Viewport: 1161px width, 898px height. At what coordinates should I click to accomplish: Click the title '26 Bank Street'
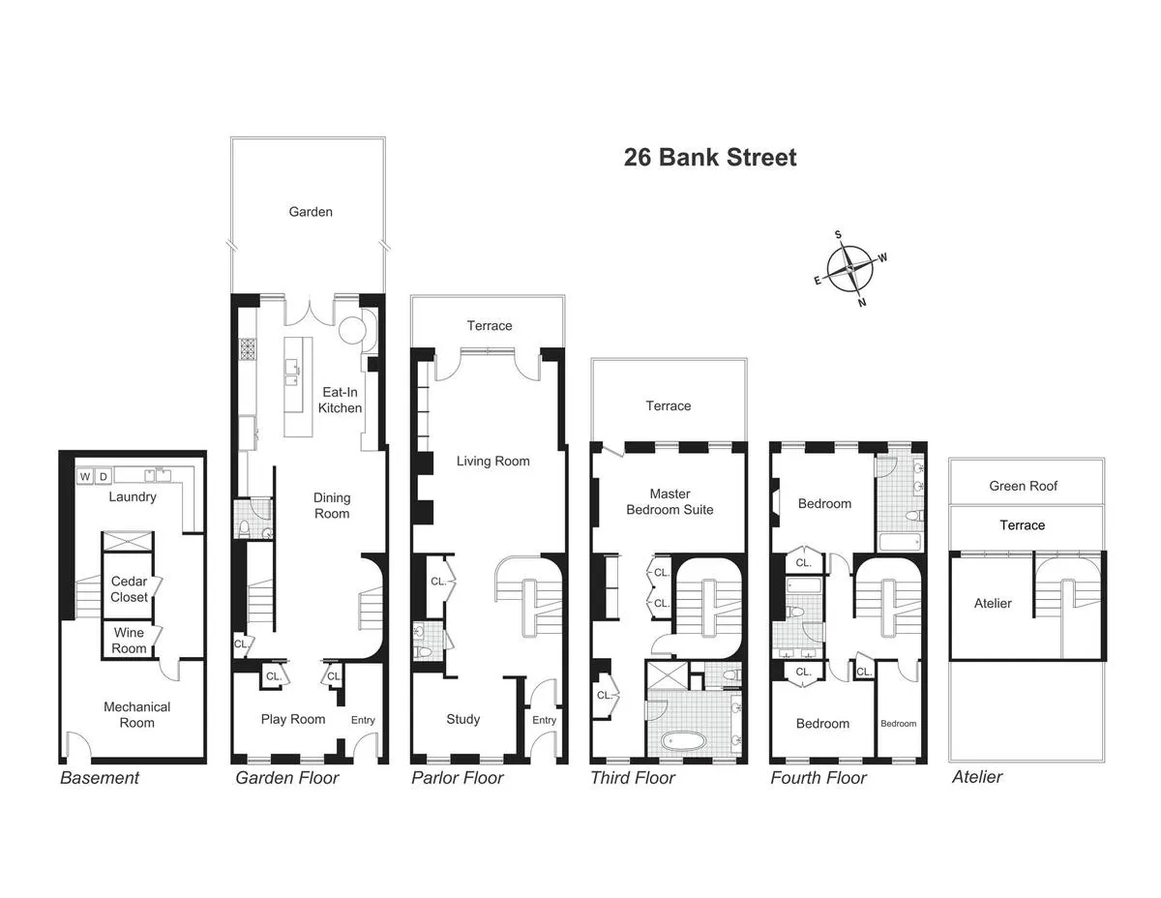[x=710, y=158]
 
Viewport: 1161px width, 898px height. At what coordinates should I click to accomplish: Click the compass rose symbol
[x=850, y=268]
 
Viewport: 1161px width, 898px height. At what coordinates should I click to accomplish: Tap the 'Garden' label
[x=311, y=211]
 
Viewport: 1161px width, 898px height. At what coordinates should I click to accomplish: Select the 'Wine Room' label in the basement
[x=129, y=641]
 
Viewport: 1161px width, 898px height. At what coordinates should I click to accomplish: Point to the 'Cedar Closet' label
[x=129, y=589]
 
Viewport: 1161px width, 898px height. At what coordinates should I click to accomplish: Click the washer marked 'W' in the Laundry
[x=84, y=476]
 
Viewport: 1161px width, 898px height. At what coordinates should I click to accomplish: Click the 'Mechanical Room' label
[x=136, y=715]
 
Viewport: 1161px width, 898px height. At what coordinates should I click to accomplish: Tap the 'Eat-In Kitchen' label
[x=340, y=400]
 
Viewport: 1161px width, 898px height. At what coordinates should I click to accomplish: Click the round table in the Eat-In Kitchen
[x=351, y=330]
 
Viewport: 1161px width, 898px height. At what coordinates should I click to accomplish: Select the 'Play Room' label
[x=293, y=719]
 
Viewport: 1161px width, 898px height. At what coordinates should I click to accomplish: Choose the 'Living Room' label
[x=492, y=461]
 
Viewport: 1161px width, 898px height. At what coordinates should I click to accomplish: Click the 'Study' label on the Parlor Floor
[x=462, y=719]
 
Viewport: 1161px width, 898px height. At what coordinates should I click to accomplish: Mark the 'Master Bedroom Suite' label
[x=670, y=501]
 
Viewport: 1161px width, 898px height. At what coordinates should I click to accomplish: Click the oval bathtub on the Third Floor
[x=685, y=743]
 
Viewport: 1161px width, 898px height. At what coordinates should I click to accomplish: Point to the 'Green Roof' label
[x=1023, y=486]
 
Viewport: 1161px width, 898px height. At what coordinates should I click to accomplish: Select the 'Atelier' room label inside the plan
[x=993, y=603]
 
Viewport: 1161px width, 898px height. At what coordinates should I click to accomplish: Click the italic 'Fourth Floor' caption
[x=818, y=778]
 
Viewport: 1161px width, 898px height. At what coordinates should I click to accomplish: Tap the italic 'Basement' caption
[x=100, y=778]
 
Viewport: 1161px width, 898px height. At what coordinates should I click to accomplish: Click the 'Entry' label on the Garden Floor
[x=363, y=720]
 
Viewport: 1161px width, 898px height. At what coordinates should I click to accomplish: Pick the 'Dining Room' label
[x=332, y=505]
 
